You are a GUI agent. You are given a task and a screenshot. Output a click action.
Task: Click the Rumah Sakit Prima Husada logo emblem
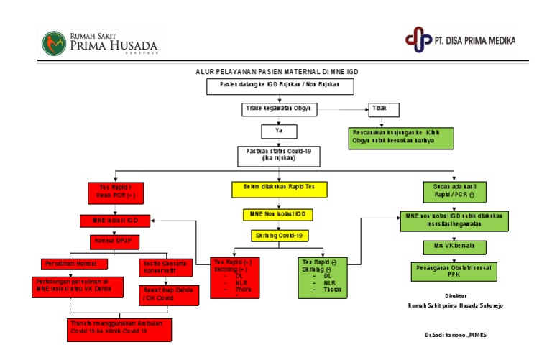54,42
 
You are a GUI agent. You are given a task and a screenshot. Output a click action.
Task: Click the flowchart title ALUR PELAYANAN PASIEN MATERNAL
277,72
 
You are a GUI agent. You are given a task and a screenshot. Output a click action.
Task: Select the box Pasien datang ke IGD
281,86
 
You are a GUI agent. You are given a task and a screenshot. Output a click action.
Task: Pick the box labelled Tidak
384,109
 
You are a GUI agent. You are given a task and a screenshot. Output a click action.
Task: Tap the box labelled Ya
280,131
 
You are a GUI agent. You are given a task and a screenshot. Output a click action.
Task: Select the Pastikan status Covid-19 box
280,156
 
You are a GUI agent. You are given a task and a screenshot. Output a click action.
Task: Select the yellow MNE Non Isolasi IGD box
277,215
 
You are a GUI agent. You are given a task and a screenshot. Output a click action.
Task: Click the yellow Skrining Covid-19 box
280,235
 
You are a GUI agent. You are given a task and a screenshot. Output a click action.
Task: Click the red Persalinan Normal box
68,264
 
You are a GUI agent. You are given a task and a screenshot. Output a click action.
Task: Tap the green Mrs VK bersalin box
449,246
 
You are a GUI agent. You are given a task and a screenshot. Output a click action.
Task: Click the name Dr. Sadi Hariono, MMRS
456,336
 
